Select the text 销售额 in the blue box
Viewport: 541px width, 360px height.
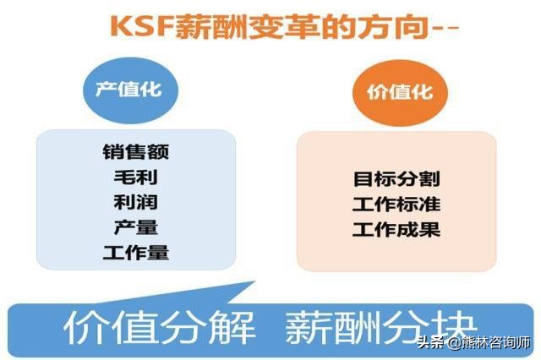coord(135,152)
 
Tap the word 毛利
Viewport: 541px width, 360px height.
coord(135,177)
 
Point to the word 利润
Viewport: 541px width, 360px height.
coord(135,203)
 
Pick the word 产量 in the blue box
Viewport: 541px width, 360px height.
coord(135,227)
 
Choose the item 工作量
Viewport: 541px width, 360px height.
coord(135,253)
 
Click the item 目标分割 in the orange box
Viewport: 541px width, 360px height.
coord(396,179)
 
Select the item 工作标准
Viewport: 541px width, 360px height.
coord(396,205)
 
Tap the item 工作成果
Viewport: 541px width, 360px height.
coord(396,230)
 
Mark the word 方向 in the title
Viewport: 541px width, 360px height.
coord(373,28)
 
